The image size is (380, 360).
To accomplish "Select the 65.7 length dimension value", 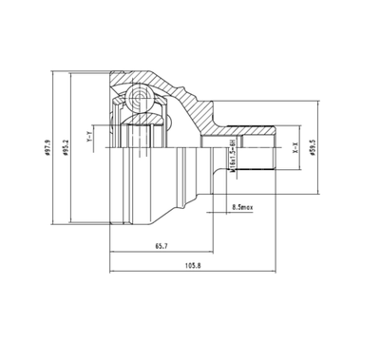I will [x=161, y=245].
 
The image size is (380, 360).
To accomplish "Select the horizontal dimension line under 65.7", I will [x=157, y=253].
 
